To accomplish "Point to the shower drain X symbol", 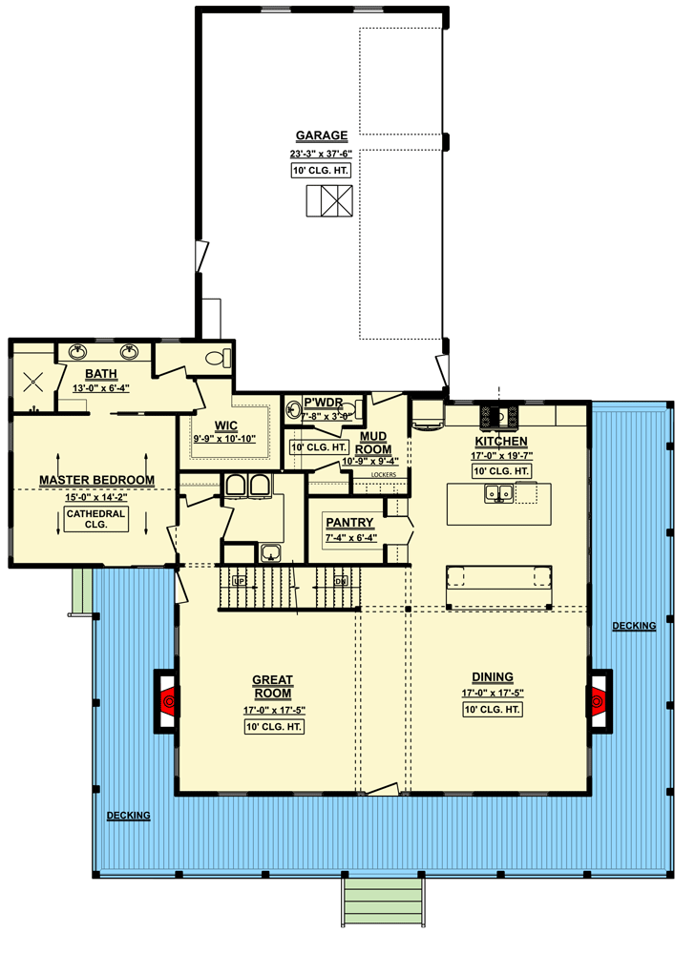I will [34, 382].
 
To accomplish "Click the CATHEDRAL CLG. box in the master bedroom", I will [96, 519].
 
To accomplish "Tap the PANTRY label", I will [350, 523].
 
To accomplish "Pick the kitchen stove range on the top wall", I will [499, 416].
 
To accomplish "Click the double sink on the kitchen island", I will [496, 492].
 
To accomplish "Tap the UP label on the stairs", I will [239, 580].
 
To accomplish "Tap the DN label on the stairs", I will [340, 580].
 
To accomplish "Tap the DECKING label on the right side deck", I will [634, 626].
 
